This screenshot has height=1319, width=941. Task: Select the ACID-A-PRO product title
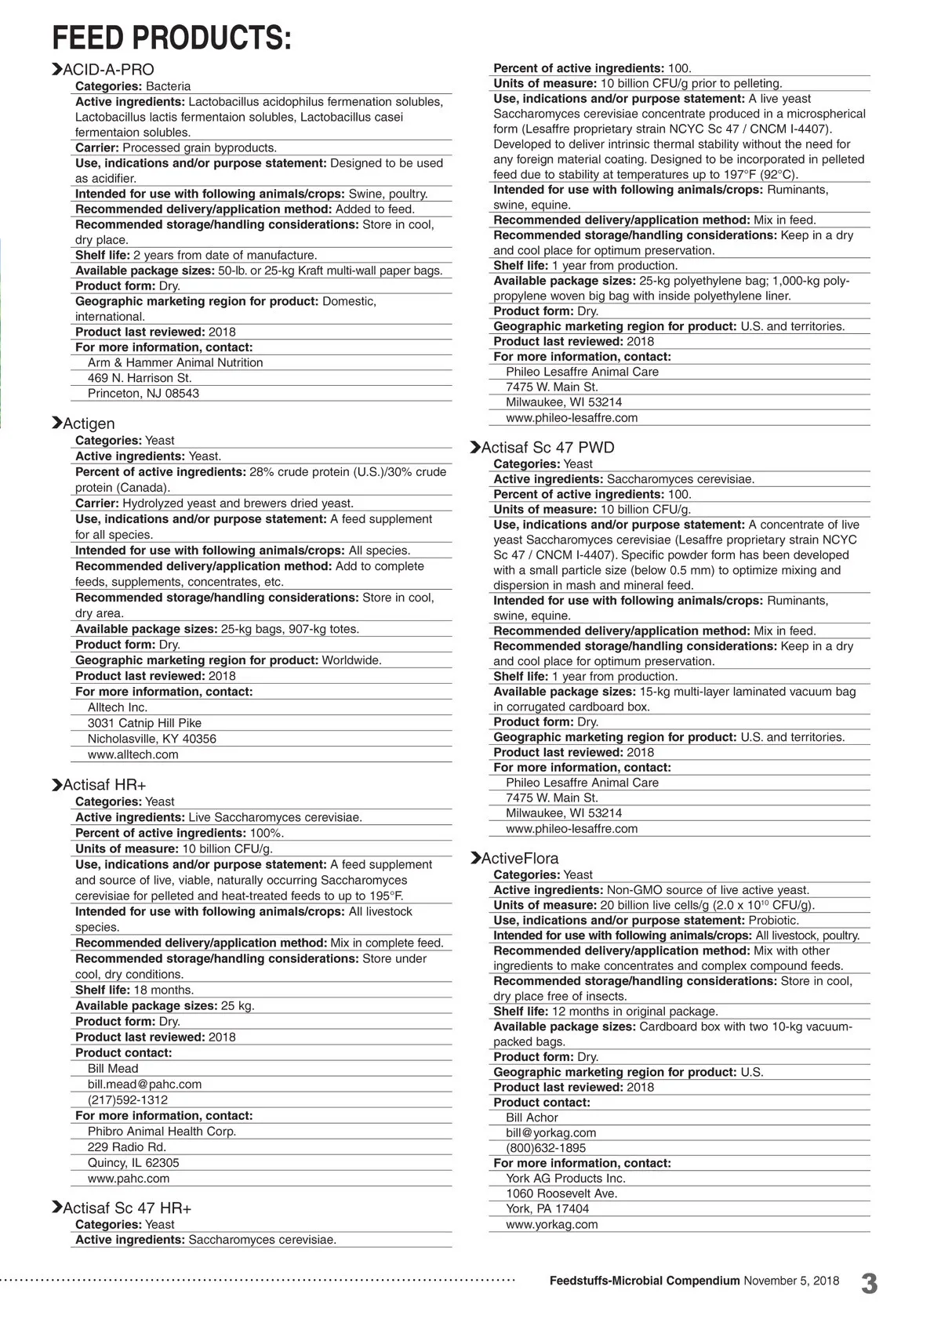tap(108, 70)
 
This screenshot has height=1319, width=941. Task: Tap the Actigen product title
tap(89, 423)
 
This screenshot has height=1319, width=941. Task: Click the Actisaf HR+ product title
tap(104, 785)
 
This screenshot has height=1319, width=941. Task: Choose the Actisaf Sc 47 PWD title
tap(547, 448)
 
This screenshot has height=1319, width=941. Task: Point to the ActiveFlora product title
tap(520, 858)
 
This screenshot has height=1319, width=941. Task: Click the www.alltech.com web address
tap(133, 754)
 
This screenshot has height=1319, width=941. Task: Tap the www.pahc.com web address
tap(129, 1178)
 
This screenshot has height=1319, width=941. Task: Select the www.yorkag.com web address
tap(551, 1224)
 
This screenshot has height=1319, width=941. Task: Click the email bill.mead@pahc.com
tap(144, 1084)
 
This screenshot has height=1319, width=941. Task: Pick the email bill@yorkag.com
tap(550, 1132)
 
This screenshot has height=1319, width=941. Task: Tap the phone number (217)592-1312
tap(128, 1099)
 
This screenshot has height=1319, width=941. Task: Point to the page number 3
tap(869, 1284)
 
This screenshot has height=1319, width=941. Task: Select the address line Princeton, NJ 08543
tap(144, 393)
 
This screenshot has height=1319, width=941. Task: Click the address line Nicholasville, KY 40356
tap(152, 739)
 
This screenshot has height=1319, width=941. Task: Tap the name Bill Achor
tap(532, 1117)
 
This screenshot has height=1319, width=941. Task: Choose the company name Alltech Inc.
tap(118, 707)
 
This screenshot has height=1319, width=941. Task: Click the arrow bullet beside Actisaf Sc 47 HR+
tap(56, 1208)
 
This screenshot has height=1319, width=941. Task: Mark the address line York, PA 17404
tap(547, 1208)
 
